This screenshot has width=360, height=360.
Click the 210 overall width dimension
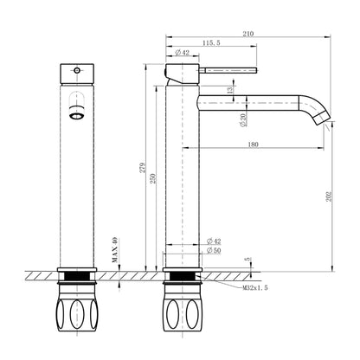tap(248, 34)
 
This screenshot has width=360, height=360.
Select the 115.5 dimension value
tap(211, 42)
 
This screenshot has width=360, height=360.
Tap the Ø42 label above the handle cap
tap(183, 52)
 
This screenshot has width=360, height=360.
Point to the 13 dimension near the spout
tap(230, 90)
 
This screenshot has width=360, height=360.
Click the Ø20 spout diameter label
tap(243, 120)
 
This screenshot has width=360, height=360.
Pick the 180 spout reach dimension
tap(253, 145)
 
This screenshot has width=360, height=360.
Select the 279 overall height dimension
tap(143, 168)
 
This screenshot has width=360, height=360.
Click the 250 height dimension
tap(153, 178)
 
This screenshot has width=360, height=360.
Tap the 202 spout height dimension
tap(330, 196)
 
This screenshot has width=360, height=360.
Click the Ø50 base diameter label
tap(214, 250)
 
